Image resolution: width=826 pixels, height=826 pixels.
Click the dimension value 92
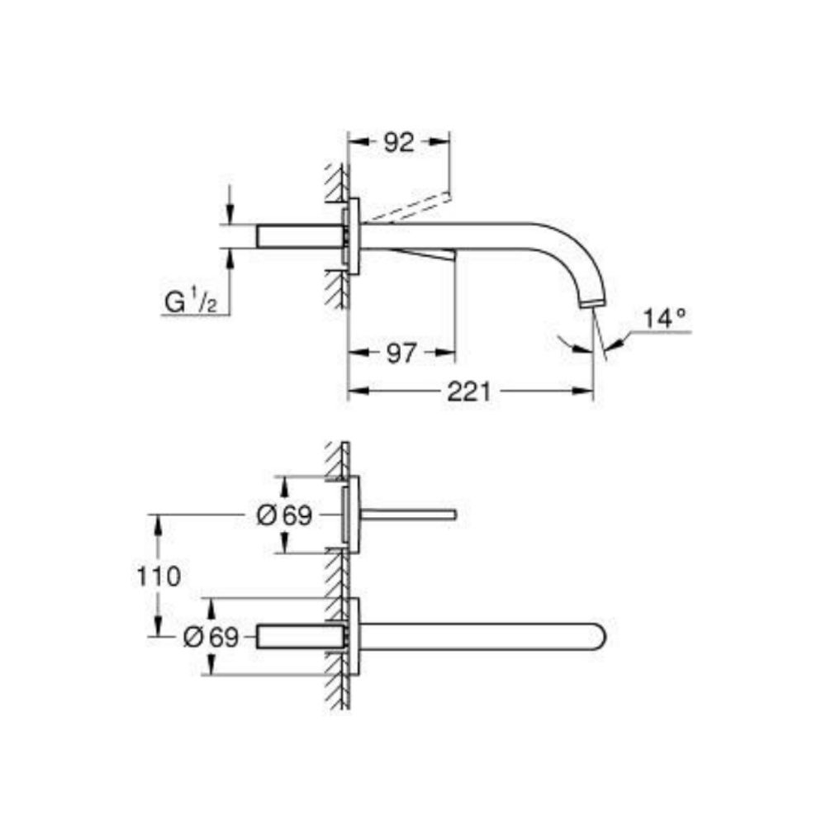tap(398, 142)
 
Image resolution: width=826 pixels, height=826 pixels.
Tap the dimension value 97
tap(401, 354)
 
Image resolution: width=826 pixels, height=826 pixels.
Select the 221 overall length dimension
tap(468, 392)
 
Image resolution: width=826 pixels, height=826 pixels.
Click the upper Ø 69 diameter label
tap(284, 516)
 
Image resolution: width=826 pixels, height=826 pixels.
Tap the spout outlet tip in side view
tap(594, 302)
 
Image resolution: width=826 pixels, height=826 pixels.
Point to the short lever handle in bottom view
tap(408, 515)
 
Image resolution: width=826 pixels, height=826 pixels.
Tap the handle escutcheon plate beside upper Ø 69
tap(354, 515)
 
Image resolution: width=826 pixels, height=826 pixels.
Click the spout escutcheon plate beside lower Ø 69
tap(354, 637)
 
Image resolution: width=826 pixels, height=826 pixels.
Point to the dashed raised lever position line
tap(409, 206)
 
